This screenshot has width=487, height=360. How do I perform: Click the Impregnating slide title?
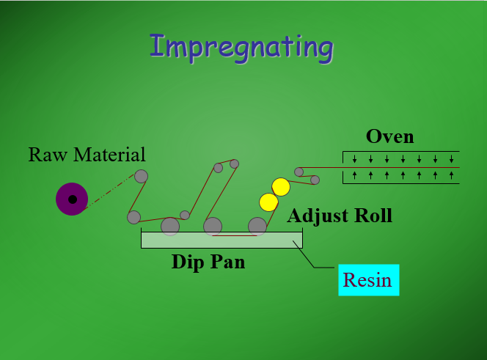241,46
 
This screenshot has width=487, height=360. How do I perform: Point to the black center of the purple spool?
72,199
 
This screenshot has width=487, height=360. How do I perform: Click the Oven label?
389,136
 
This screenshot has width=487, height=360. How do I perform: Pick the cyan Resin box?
368,279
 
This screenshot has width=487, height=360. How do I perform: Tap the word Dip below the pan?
188,262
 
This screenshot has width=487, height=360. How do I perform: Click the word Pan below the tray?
227,262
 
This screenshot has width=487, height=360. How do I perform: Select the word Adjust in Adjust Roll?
318,216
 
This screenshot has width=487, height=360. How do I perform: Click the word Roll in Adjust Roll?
373,216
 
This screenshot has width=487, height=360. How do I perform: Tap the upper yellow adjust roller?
281,186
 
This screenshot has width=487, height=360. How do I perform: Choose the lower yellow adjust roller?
268,201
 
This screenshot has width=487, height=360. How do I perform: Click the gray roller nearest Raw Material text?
141,176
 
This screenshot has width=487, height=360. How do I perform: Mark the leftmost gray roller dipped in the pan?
170,226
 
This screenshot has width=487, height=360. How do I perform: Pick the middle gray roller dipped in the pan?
213,226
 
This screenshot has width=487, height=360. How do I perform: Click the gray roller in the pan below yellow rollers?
257,226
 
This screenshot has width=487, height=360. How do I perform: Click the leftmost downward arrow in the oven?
354,159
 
